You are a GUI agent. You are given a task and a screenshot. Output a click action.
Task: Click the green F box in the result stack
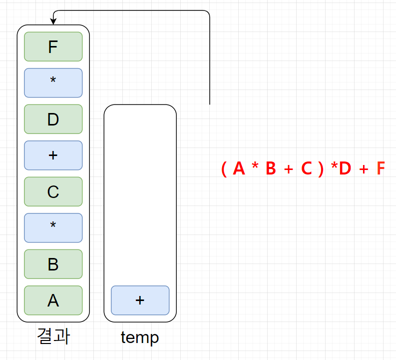(53, 47)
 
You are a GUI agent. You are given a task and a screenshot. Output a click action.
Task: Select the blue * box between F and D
(53, 83)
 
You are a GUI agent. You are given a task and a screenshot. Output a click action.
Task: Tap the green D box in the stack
(53, 119)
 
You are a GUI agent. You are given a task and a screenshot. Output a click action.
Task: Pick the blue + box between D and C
(53, 155)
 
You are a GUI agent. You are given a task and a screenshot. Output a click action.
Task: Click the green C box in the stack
(53, 192)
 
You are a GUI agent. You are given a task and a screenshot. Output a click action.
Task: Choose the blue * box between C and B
(53, 228)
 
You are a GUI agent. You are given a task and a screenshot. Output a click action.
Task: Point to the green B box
(53, 264)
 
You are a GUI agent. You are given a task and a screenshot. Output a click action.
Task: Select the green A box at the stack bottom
(53, 300)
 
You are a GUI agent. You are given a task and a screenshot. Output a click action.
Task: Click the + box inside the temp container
(140, 300)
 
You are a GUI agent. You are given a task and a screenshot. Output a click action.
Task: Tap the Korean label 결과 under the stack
(53, 336)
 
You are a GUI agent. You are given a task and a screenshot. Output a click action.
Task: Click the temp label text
(140, 337)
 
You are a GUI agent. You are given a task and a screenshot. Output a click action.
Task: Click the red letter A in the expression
(239, 169)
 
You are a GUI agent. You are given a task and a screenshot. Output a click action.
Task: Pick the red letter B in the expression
(271, 169)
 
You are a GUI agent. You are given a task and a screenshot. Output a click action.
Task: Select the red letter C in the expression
(306, 169)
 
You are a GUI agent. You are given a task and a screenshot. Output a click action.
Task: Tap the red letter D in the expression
(345, 169)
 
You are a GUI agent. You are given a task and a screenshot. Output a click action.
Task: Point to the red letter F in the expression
(381, 169)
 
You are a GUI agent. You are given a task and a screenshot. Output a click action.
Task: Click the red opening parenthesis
(224, 169)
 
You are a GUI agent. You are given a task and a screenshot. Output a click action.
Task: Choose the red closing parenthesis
(321, 169)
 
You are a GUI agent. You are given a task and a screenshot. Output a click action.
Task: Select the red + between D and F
(364, 170)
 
